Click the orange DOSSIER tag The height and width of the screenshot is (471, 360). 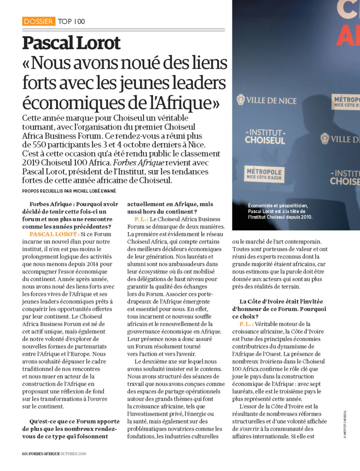coord(38,21)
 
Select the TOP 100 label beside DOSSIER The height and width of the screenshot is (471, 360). coord(71,21)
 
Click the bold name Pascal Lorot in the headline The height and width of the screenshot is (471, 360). coord(71,43)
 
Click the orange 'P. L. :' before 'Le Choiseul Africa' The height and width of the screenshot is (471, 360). coord(141,219)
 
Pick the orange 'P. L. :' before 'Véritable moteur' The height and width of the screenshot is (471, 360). coord(246,324)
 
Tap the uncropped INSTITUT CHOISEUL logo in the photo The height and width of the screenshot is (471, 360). coord(265,137)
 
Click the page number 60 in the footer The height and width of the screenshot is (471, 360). coord(25,454)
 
